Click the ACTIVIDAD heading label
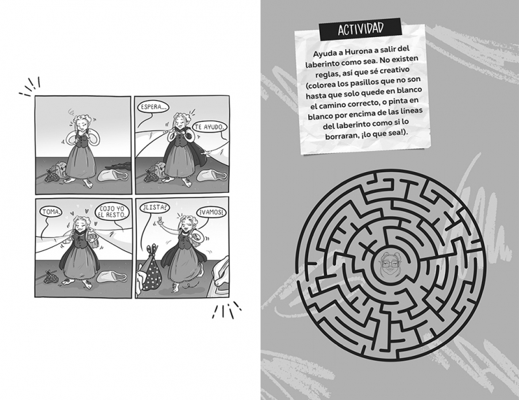pyautogui.click(x=361, y=29)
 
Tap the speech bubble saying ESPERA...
pyautogui.click(x=152, y=107)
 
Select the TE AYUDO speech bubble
pyautogui.click(x=210, y=127)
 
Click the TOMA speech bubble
pyautogui.click(x=51, y=212)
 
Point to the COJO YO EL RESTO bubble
pyautogui.click(x=112, y=212)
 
